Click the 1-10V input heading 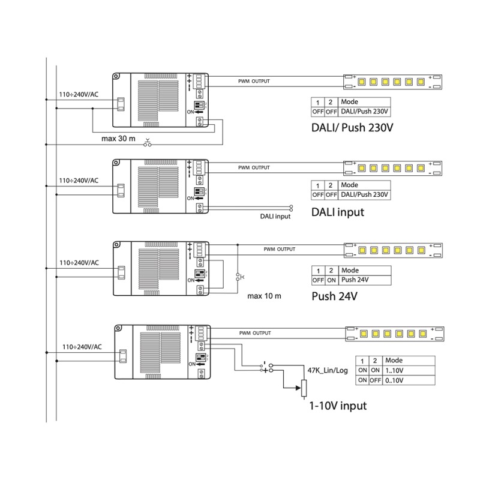(x=337, y=406)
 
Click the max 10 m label (x=264, y=296)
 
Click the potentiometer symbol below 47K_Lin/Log (x=304, y=388)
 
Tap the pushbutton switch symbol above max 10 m (x=238, y=277)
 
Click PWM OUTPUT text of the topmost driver (x=253, y=80)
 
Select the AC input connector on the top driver (x=120, y=104)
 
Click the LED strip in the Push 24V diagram (x=393, y=248)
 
